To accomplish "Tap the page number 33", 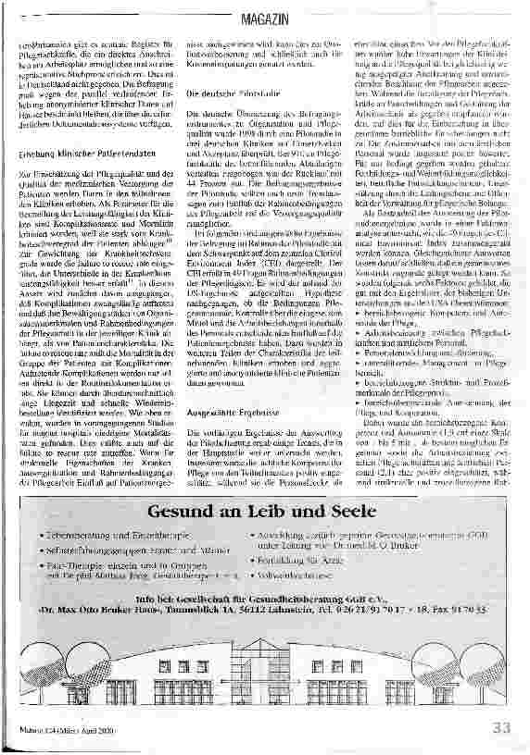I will pyautogui.click(x=501, y=727).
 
